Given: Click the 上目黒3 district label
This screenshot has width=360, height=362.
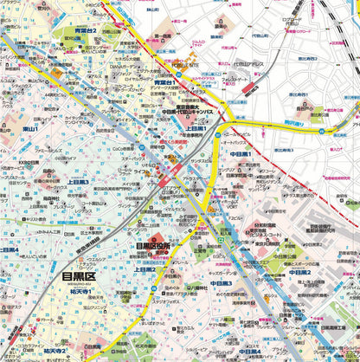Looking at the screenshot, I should pyautogui.click(x=76, y=182).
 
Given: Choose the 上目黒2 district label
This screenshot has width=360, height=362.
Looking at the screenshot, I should pyautogui.click(x=144, y=269).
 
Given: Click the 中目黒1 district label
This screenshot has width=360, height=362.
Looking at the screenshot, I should pyautogui.click(x=241, y=153).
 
